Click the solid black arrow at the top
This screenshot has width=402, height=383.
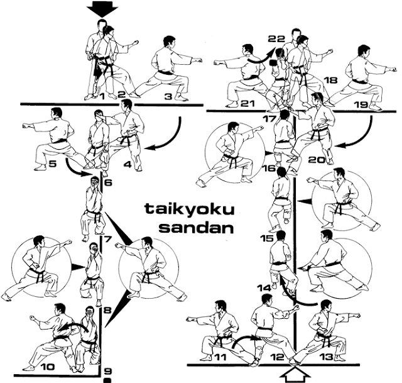(102, 9)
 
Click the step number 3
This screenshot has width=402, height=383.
(168, 97)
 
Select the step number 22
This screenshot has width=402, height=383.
(276, 39)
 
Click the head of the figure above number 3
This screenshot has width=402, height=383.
(168, 43)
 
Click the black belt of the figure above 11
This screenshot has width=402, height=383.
(221, 339)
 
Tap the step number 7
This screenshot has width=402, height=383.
(107, 239)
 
